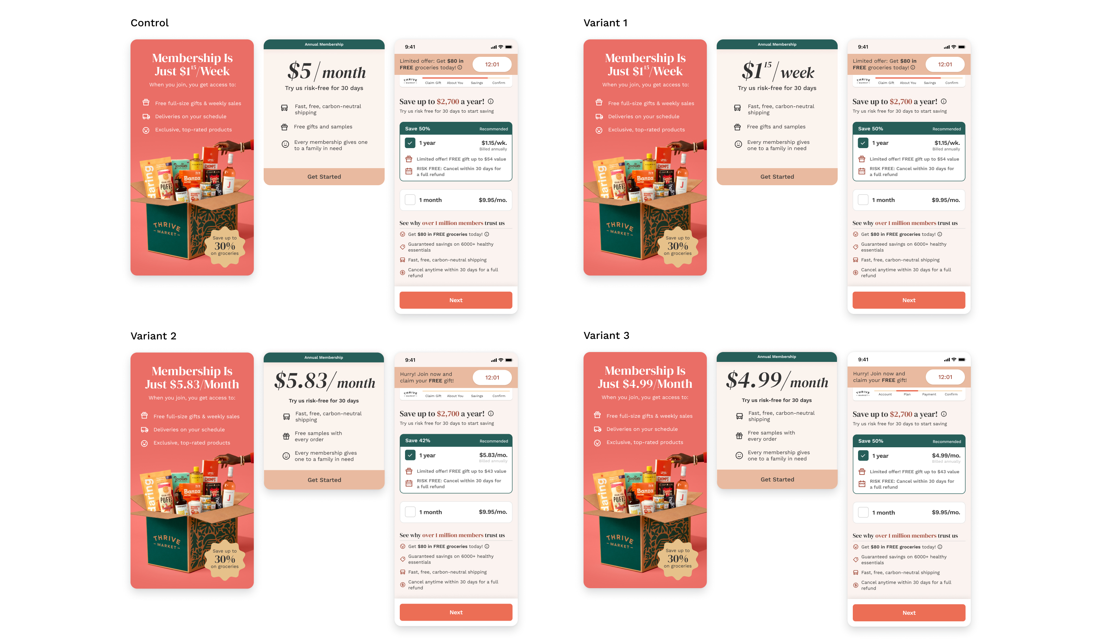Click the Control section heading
150,23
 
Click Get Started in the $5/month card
324,176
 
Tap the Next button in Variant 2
456,612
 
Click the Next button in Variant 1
908,300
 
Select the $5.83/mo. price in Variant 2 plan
493,455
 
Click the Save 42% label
417,440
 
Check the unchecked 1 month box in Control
410,200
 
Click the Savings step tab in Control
477,82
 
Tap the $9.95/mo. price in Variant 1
945,200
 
